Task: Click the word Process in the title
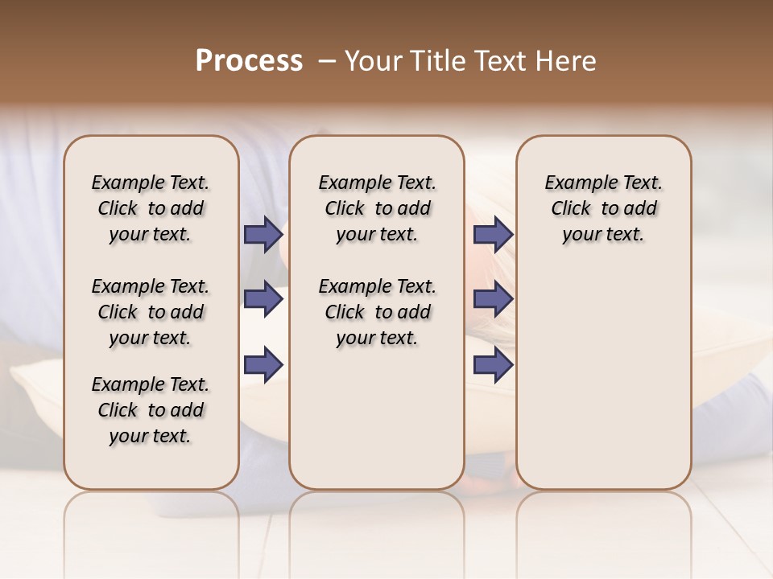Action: point(249,61)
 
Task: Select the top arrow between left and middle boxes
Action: point(263,234)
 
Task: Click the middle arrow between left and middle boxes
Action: point(263,299)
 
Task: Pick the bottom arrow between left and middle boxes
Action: point(263,365)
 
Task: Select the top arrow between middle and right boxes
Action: point(493,234)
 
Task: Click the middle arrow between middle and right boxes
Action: point(493,299)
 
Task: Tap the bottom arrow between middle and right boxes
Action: point(493,365)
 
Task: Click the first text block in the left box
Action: point(151,208)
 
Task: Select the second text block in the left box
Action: point(151,312)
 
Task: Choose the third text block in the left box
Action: point(151,410)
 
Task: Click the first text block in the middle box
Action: point(377,208)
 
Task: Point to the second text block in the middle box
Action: point(377,312)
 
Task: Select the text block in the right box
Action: point(603,208)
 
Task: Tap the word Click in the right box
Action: point(571,209)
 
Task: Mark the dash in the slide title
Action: point(327,61)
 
